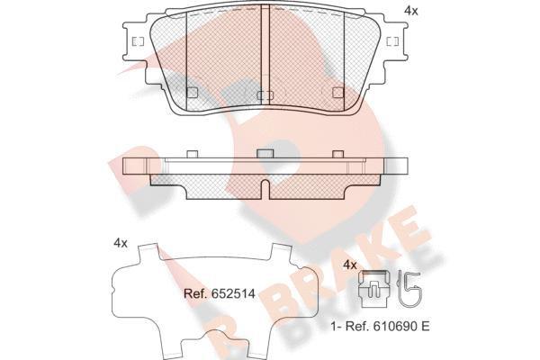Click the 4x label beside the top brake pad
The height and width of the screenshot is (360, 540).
click(411, 11)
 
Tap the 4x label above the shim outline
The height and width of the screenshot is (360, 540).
click(121, 243)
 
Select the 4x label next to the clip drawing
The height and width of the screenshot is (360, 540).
click(350, 265)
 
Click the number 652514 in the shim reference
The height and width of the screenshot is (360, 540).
click(233, 294)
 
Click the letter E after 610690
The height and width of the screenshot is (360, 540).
click(426, 326)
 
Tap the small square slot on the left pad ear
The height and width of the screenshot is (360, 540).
click(138, 41)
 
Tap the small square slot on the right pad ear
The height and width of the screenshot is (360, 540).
click(392, 41)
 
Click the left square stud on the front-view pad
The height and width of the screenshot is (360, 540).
click(192, 93)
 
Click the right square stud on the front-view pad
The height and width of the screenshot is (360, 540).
click(338, 93)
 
